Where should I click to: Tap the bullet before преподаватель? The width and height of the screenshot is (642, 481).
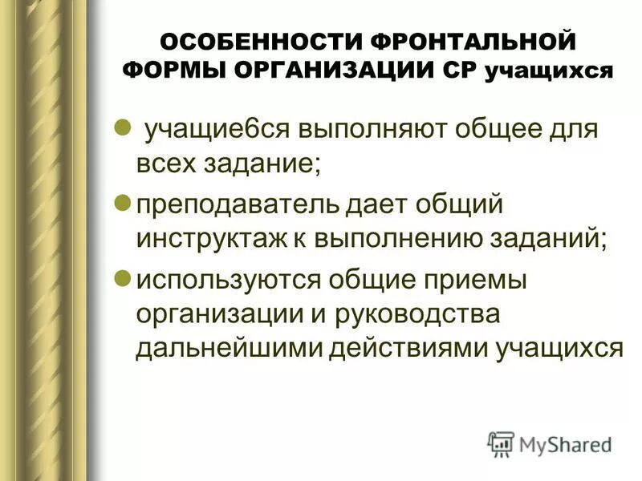pyautogui.click(x=124, y=203)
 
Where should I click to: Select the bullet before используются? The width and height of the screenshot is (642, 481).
pyautogui.click(x=124, y=277)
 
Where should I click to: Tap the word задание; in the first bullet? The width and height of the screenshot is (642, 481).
pyautogui.click(x=265, y=166)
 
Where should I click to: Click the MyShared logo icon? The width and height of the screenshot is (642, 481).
pyautogui.click(x=501, y=443)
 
